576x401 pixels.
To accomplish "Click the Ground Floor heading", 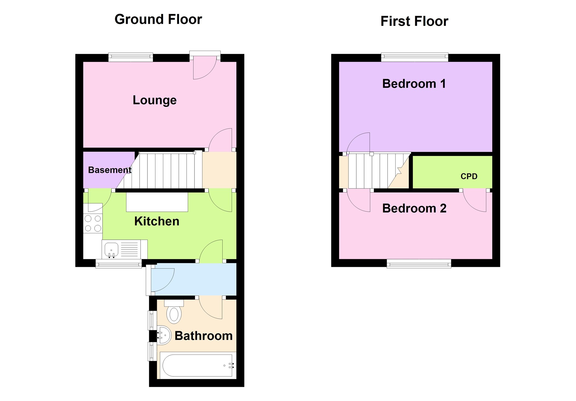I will click(158, 19).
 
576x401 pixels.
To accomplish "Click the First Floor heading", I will click(414, 21).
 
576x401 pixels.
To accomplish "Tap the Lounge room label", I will click(155, 100).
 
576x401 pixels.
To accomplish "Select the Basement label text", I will click(109, 170).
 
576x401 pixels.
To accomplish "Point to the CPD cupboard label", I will click(469, 176).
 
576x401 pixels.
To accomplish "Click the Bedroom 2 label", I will click(414, 208).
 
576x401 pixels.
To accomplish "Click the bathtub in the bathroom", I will click(197, 365).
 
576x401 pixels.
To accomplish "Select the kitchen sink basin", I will click(111, 249).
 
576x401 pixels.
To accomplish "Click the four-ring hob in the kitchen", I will click(93, 223).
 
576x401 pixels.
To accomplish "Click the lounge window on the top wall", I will click(130, 57).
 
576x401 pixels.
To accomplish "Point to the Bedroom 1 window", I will click(415, 57).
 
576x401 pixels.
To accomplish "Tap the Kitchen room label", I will click(157, 221).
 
